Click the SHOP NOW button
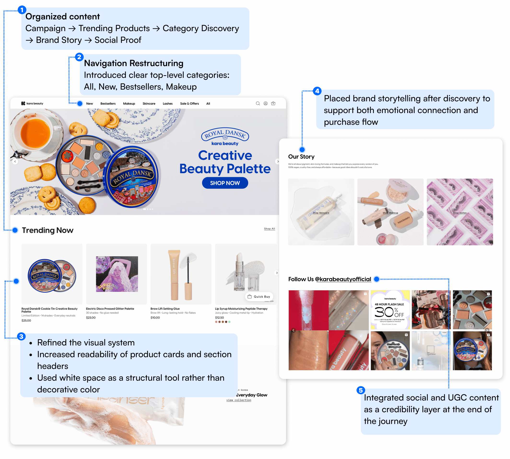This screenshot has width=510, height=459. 225,183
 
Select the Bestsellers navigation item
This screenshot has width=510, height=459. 108,103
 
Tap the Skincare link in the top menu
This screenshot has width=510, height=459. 149,103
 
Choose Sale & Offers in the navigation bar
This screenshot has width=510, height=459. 189,103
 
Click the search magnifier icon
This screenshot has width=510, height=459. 258,103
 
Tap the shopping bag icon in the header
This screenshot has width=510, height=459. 273,103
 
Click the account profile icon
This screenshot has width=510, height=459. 265,103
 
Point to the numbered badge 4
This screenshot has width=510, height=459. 317,91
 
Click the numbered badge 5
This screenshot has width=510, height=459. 361,390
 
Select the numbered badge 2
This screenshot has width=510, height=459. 79,57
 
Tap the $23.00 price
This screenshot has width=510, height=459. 91,317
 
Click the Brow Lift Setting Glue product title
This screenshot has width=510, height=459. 165,309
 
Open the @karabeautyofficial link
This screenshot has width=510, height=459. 343,279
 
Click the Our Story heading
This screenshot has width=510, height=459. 301,157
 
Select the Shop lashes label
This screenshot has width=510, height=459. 459,213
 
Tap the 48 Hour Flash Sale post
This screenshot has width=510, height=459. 390,310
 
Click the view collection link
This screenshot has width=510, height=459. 239,400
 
